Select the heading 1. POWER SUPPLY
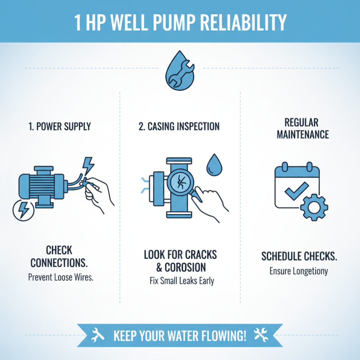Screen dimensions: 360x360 point(60,126)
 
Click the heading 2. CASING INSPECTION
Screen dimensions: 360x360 point(179,126)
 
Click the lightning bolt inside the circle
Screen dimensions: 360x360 point(22,209)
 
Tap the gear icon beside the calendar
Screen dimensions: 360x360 point(311,207)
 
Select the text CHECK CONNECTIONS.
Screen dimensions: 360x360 point(60,256)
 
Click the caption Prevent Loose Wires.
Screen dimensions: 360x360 point(60,278)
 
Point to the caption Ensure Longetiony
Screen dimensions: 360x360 point(299,271)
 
